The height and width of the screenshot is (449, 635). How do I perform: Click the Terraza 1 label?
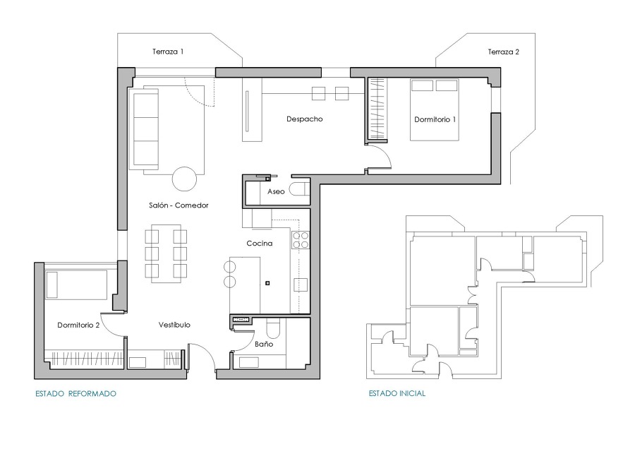coord(168,52)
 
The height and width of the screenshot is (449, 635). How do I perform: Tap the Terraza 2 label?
coord(503,52)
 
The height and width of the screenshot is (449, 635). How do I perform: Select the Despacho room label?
coord(304,119)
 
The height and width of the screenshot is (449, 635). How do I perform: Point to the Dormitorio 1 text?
coord(435,119)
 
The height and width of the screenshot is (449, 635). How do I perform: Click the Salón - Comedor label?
coord(179,205)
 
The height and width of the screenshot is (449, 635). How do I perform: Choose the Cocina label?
coord(260,244)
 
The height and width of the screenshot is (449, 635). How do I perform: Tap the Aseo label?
coord(275,192)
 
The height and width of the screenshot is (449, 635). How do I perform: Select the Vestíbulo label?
coord(174,325)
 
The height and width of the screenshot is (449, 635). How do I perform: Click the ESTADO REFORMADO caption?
coord(75,393)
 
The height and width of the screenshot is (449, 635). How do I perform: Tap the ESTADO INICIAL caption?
coord(397,393)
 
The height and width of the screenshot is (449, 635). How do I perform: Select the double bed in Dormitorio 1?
coord(435,109)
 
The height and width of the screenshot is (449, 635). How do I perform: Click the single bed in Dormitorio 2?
coord(75,284)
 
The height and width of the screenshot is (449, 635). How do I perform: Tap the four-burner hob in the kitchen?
coord(301,241)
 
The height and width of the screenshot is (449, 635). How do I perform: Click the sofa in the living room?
coord(145,128)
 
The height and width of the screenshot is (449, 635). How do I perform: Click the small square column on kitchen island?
coord(267,284)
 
